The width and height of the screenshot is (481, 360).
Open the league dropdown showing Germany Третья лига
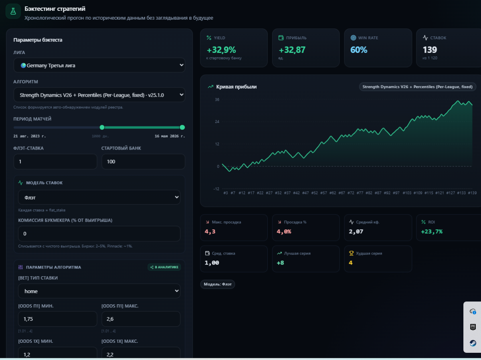tap(99, 65)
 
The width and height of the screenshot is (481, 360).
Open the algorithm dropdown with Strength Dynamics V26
tap(99, 95)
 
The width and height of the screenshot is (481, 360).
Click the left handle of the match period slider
tap(102, 127)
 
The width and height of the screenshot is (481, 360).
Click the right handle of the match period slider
tap(182, 127)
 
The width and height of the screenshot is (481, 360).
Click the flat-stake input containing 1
tap(55, 162)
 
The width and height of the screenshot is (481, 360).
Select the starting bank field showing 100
tap(143, 162)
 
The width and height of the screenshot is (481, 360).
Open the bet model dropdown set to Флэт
tap(99, 197)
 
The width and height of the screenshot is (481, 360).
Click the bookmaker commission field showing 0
tap(99, 234)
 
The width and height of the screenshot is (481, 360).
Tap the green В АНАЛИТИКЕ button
tap(164, 267)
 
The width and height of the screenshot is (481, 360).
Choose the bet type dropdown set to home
tap(99, 291)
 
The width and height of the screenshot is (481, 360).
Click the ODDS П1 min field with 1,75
tap(57, 319)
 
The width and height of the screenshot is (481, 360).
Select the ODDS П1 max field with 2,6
tap(141, 319)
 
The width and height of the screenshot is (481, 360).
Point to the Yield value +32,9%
tap(221, 50)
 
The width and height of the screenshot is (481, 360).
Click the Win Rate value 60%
tap(359, 50)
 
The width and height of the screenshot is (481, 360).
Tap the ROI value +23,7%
tap(432, 232)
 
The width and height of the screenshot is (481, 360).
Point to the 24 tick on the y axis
tap(217, 121)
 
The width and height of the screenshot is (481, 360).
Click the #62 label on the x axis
tap(332, 193)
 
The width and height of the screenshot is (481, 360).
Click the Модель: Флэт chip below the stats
tap(218, 284)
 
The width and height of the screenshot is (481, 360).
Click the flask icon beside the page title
tap(13, 11)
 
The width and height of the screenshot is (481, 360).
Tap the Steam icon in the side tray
tap(473, 343)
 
